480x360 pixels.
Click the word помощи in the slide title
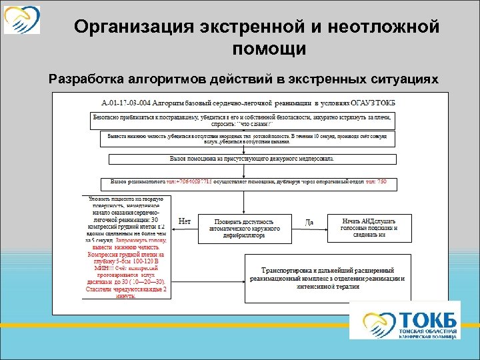pyautogui.click(x=269, y=49)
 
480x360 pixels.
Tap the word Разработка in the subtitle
pyautogui.click(x=90, y=79)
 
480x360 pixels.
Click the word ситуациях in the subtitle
pyautogui.click(x=403, y=79)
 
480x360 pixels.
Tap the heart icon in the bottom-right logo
pyautogui.click(x=376, y=320)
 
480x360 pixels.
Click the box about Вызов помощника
pyautogui.click(x=252, y=159)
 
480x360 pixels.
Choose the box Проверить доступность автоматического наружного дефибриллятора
pyautogui.click(x=245, y=228)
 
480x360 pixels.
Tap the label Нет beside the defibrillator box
pyautogui.click(x=186, y=221)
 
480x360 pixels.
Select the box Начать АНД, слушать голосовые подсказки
pyautogui.click(x=369, y=227)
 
